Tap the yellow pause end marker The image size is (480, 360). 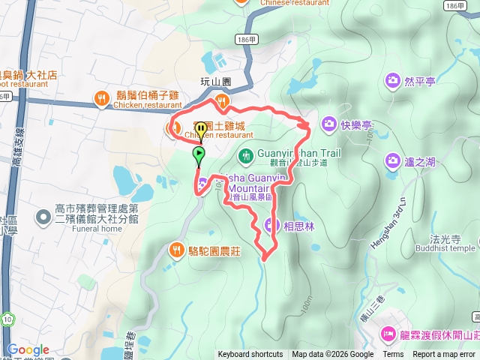(x=200, y=130)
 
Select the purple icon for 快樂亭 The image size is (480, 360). (x=328, y=123)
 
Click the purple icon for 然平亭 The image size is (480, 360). (x=392, y=79)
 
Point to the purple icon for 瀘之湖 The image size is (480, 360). (x=392, y=160)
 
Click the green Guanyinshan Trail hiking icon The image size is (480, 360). (x=244, y=156)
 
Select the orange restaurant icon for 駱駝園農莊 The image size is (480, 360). (x=176, y=248)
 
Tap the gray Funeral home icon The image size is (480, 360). (x=44, y=217)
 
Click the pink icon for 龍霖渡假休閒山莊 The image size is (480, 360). (x=388, y=333)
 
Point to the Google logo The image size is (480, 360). (x=28, y=349)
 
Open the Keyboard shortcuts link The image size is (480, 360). (x=250, y=355)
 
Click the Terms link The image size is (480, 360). (x=393, y=355)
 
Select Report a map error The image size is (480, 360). (x=443, y=355)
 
